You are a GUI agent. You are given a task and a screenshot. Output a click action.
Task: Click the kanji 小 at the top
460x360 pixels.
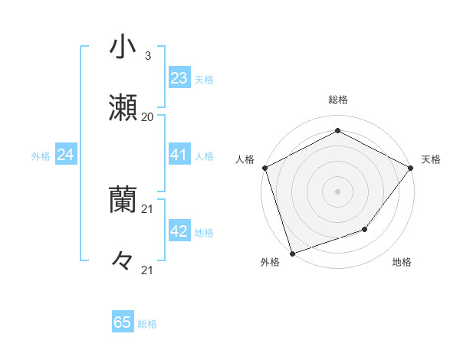click(x=123, y=47)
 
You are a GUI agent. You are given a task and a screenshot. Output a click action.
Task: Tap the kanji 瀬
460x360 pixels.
click(x=123, y=109)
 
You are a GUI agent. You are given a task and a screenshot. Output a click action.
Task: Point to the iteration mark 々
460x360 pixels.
click(x=123, y=261)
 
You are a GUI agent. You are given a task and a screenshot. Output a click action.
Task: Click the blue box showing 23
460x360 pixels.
click(x=179, y=77)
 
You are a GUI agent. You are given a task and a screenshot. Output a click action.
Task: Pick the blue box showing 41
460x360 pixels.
click(x=179, y=155)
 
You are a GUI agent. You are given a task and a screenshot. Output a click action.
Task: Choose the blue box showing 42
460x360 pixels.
click(x=179, y=231)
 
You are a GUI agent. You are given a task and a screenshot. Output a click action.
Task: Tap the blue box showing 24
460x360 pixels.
click(x=65, y=155)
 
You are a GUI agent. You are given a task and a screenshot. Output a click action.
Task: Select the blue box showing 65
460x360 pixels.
click(x=122, y=322)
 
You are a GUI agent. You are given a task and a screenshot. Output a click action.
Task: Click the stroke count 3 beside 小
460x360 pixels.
click(x=147, y=55)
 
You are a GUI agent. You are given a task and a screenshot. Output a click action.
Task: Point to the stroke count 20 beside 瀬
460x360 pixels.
click(x=147, y=117)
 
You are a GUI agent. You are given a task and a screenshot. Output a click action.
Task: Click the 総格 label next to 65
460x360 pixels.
click(x=147, y=324)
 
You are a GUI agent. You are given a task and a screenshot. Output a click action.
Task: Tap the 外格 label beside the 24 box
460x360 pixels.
click(x=41, y=156)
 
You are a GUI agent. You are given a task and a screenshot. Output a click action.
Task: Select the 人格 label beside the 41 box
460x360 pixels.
click(x=204, y=156)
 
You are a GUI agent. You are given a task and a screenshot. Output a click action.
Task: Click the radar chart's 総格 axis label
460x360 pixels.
click(x=337, y=100)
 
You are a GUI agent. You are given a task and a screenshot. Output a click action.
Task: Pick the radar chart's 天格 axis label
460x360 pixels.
click(x=431, y=159)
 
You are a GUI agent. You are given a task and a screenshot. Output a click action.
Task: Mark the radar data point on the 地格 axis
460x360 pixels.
click(x=365, y=229)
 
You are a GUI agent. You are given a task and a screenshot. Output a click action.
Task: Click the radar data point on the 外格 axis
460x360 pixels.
click(x=292, y=253)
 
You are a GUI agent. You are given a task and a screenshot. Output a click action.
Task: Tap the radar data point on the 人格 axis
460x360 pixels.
click(x=264, y=167)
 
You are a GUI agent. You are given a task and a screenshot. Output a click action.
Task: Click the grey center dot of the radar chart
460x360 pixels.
click(x=337, y=191)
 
